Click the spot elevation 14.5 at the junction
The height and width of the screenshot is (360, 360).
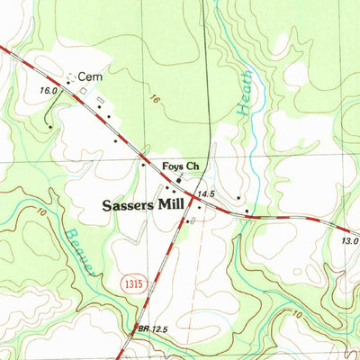pyautogui.click(x=210, y=193)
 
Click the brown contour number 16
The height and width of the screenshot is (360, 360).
pyautogui.click(x=156, y=101)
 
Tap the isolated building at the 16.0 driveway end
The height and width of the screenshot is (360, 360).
pyautogui.click(x=49, y=127)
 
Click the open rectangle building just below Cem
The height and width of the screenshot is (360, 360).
pyautogui.click(x=84, y=91)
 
